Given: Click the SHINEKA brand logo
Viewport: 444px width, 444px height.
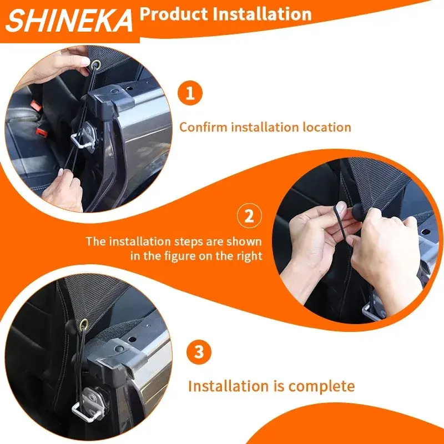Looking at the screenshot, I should [70, 21].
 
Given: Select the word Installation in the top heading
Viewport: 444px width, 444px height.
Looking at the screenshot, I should [263, 13].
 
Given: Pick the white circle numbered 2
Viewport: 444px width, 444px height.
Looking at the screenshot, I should [249, 216].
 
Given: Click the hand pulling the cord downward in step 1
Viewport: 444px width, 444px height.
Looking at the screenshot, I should [62, 189].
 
